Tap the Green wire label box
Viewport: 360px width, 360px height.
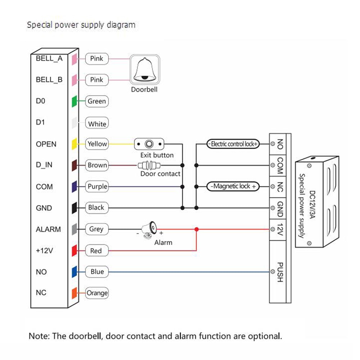pyautogui.click(x=97, y=101)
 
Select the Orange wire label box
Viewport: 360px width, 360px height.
pyautogui.click(x=97, y=293)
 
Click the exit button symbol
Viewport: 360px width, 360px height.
pyautogui.click(x=149, y=144)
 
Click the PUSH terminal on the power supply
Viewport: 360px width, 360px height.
pyautogui.click(x=279, y=272)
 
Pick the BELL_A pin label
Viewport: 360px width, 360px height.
pyautogui.click(x=49, y=58)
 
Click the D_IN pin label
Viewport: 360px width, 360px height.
pyautogui.click(x=44, y=165)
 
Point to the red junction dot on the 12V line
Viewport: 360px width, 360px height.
pyautogui.click(x=196, y=229)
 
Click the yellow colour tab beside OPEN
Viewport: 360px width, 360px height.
pyautogui.click(x=74, y=144)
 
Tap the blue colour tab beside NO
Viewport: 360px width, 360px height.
pyautogui.click(x=74, y=272)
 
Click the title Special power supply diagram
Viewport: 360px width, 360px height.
pyautogui.click(x=81, y=25)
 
